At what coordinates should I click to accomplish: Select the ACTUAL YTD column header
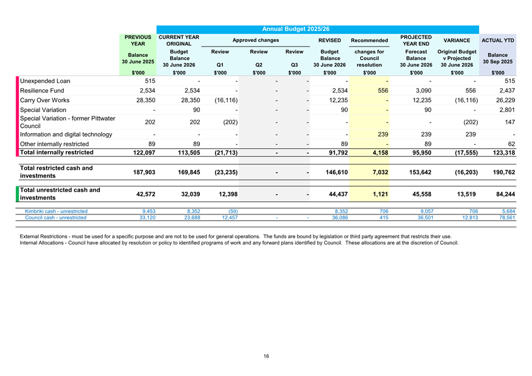[x=497, y=41]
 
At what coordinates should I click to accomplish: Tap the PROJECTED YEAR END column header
[x=416, y=41]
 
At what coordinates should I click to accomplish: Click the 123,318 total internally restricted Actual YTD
[x=501, y=153]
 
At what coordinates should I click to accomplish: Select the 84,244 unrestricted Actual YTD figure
[x=503, y=195]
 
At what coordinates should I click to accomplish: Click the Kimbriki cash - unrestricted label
[x=56, y=212]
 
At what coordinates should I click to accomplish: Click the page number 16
[x=266, y=356]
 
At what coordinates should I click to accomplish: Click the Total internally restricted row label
[x=57, y=152]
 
